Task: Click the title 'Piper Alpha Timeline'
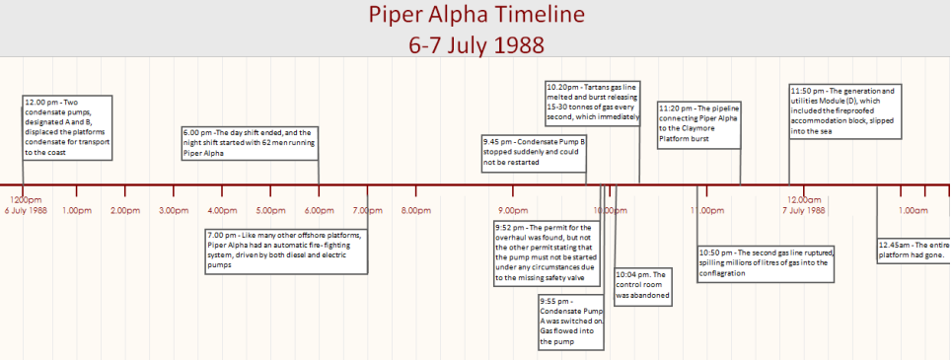coord(475,16)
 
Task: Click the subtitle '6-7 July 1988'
coord(475,44)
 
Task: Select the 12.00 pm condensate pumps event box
coord(67,127)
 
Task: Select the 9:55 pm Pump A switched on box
coord(569,321)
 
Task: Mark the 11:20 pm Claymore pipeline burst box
coord(698,123)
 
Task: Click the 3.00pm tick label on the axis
coord(174,210)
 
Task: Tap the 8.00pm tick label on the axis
coord(415,210)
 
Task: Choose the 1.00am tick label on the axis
coord(913,210)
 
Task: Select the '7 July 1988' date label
coord(803,210)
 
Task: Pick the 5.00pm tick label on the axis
coord(270,210)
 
